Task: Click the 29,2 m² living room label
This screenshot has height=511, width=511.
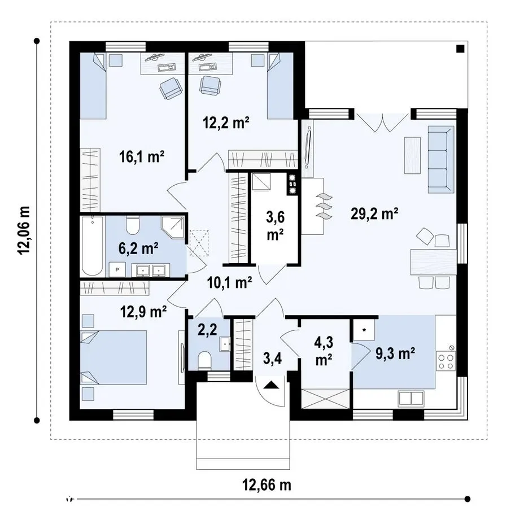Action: tap(374, 214)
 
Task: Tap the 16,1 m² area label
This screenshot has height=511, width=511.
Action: tap(141, 157)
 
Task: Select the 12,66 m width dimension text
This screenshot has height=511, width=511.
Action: tap(267, 484)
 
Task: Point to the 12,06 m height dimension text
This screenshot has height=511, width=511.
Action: tap(24, 230)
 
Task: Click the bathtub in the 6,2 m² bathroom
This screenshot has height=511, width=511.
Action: tap(92, 246)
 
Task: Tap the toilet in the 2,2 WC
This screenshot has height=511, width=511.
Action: tap(204, 360)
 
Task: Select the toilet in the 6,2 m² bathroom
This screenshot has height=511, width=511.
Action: tap(133, 225)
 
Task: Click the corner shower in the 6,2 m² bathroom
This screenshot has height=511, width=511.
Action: tap(173, 228)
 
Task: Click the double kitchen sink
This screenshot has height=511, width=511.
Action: tap(411, 399)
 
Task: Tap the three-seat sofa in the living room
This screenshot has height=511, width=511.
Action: tap(441, 160)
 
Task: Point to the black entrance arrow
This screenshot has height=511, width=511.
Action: tap(271, 385)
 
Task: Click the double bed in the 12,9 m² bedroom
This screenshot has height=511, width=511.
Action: tap(113, 357)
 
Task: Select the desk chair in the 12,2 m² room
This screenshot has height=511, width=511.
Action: tap(211, 85)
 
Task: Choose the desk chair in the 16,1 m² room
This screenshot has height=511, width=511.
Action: tap(171, 88)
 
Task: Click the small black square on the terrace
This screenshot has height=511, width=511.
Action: tap(460, 49)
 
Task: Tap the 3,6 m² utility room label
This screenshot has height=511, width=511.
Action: tap(275, 225)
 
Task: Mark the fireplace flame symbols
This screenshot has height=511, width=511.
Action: tap(324, 206)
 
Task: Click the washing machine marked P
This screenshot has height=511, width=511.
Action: tap(117, 269)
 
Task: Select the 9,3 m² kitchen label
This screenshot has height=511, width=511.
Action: tap(395, 353)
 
